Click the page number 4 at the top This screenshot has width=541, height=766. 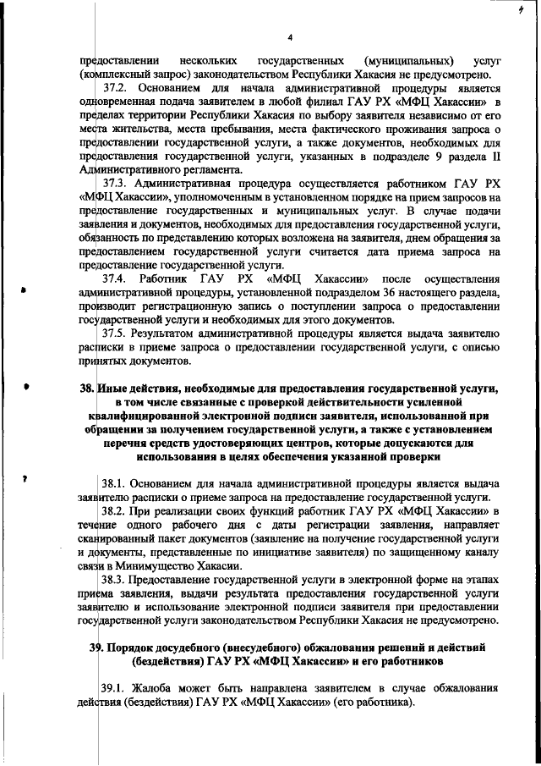tap(289, 37)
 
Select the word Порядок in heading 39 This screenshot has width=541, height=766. tap(135, 648)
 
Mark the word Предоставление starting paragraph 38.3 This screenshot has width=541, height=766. tap(184, 581)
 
